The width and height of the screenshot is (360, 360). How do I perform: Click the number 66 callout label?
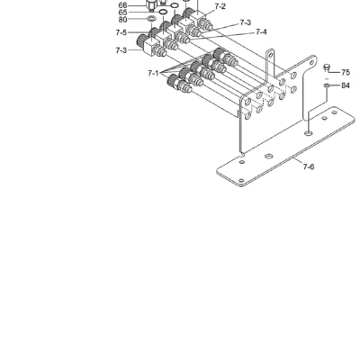123,5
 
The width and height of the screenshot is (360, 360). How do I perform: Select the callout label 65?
123,13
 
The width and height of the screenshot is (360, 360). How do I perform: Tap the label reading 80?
123,20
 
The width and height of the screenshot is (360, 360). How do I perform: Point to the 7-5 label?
121,32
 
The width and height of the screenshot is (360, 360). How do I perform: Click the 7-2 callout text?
220,6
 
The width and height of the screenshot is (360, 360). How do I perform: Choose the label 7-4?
261,31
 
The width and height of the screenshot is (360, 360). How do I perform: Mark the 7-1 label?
153,73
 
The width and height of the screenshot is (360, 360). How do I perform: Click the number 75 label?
346,73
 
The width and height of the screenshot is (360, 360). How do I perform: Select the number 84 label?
346,85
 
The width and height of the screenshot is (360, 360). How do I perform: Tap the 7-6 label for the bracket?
309,166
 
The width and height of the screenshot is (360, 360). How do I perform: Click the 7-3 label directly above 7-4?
246,22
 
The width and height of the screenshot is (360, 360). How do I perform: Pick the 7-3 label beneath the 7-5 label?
121,50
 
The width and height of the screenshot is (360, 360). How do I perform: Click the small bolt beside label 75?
327,68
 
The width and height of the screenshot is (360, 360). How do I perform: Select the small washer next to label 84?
327,85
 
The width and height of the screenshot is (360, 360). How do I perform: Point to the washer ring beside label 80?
151,19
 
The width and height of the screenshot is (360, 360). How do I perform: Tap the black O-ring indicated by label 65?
163,12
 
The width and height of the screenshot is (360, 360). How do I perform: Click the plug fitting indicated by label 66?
150,5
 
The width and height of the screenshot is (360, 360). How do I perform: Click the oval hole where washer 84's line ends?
308,132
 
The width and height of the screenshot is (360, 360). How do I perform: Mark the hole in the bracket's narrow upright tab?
270,55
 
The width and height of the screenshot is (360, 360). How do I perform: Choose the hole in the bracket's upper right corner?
311,63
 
